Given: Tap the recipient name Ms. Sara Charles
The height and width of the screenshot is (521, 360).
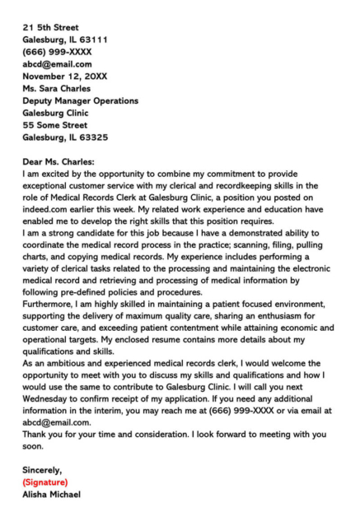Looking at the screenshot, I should tap(57, 88).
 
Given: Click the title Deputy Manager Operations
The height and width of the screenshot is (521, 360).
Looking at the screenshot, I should tap(81, 100).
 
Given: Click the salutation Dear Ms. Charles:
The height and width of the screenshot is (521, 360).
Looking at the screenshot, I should tap(58, 162).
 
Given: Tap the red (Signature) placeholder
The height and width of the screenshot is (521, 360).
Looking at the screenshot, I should tap(46, 482).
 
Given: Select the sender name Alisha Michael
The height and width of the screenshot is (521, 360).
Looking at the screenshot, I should tap(53, 495).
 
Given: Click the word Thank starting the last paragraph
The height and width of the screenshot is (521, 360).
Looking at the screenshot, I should tap(38, 434).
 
